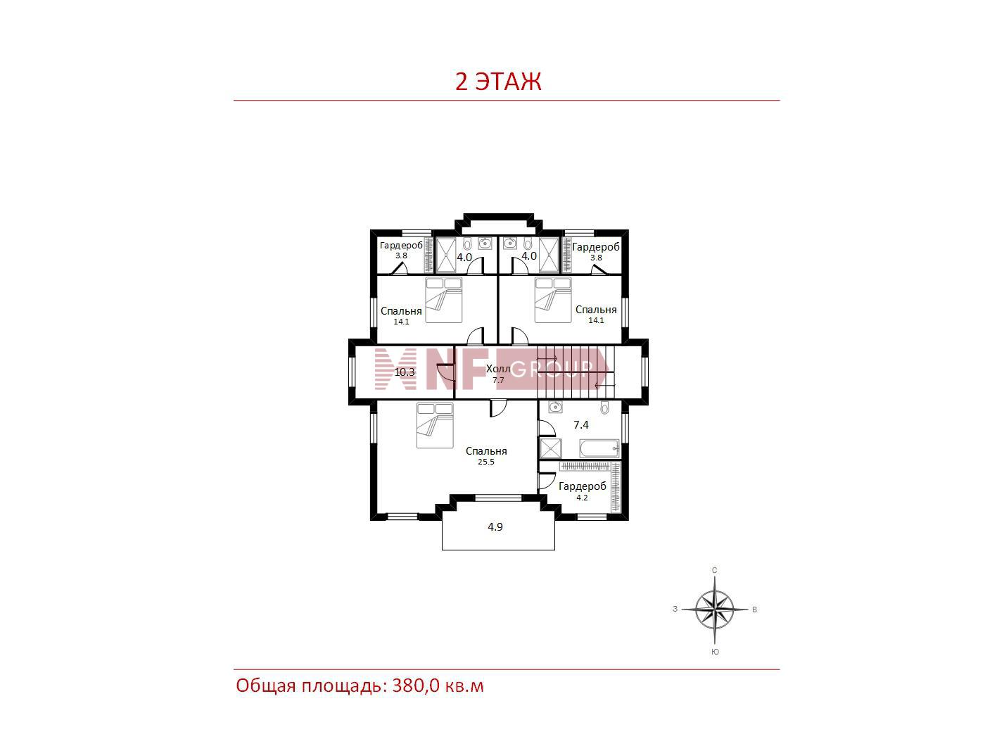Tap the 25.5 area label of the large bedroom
486,462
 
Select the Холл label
498,369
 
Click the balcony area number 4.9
495,526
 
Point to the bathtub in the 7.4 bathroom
599,448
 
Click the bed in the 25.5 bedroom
435,425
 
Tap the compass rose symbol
714,609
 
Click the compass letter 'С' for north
714,570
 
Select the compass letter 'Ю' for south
715,652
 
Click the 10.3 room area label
405,372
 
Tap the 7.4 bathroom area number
581,424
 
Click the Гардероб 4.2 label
582,491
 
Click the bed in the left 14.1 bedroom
443,300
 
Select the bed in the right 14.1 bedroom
553,300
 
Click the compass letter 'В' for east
754,609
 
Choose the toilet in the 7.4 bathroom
604,408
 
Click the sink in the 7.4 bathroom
555,407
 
